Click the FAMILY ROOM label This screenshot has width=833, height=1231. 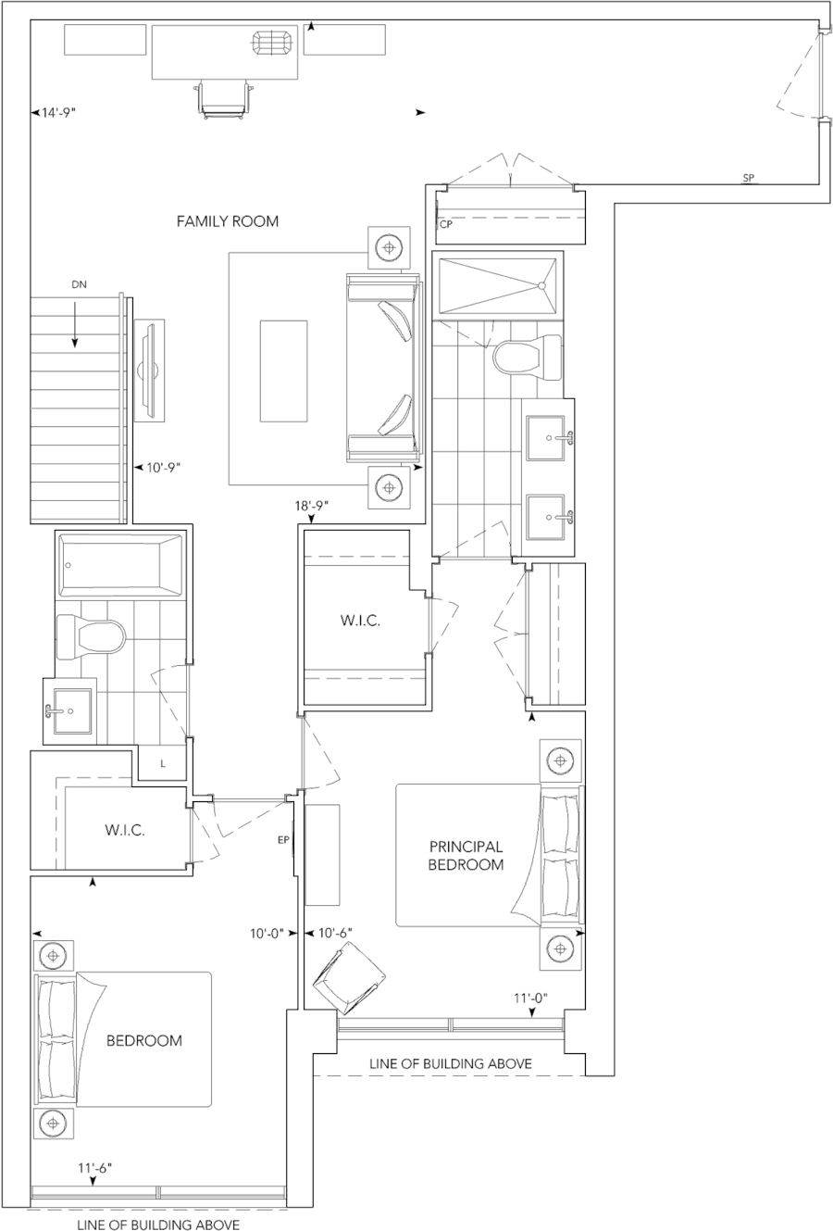tap(228, 221)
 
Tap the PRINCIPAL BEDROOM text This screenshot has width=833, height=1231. tap(466, 856)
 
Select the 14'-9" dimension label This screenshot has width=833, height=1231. tap(58, 113)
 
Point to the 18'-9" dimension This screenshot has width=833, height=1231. tap(312, 505)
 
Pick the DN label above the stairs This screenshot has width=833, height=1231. tap(79, 284)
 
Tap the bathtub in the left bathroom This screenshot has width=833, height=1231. tap(120, 566)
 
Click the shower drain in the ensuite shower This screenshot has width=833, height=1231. tap(542, 286)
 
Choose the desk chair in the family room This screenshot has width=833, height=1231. tap(223, 99)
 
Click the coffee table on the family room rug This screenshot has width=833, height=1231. tap(283, 371)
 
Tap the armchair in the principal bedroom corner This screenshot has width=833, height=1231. tap(349, 977)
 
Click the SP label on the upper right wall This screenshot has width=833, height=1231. tap(749, 178)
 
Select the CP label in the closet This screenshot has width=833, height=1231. tap(446, 224)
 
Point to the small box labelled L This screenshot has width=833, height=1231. tap(163, 763)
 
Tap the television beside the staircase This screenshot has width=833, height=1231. tap(149, 370)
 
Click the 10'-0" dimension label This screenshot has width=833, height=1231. tap(267, 933)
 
